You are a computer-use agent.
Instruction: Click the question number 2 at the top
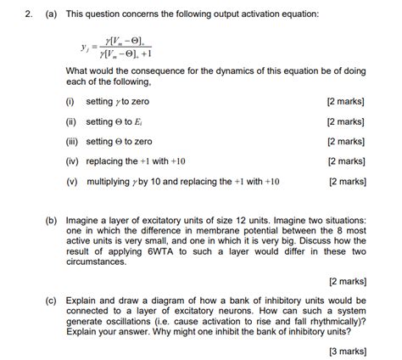click(26, 14)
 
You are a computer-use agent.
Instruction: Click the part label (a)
click(52, 14)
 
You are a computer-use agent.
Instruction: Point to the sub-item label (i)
click(69, 101)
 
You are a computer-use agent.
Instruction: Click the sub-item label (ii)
click(70, 121)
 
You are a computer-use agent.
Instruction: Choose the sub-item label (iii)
click(71, 141)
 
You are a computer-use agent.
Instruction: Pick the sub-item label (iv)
click(71, 160)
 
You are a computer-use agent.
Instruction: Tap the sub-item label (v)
click(70, 181)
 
